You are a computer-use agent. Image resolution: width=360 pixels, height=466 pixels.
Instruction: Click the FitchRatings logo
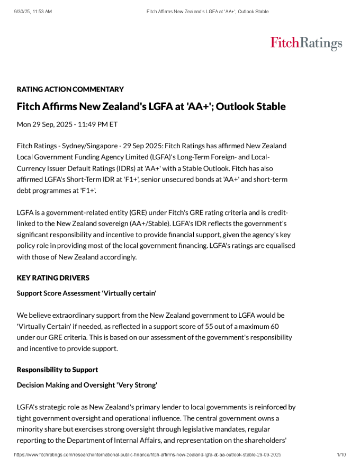tap(306, 43)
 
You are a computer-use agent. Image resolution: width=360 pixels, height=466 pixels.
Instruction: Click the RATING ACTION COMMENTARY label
tap(70, 89)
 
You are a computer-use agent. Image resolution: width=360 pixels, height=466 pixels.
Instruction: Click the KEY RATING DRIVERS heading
tap(53, 278)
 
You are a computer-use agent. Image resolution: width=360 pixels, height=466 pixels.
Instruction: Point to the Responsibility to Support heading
tap(57, 369)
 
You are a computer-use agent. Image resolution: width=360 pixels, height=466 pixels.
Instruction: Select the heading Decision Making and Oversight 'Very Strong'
tap(87, 385)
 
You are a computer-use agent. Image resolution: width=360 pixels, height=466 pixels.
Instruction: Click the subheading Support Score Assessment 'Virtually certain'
tap(86, 293)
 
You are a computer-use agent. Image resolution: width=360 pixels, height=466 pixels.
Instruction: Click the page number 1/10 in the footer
tap(341, 455)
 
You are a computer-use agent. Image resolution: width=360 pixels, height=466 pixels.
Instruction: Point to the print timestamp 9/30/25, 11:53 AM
tap(33, 11)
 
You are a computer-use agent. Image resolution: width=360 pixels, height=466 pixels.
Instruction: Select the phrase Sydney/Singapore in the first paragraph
tap(88, 146)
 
